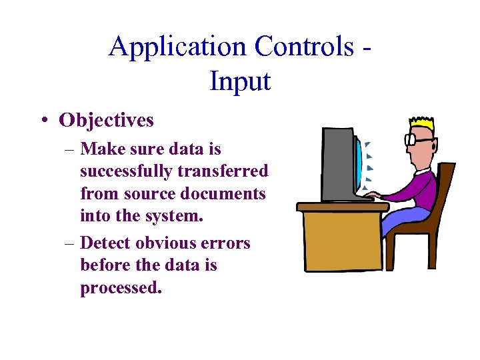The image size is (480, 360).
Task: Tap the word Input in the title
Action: coord(240,81)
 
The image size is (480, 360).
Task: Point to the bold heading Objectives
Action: coord(106,120)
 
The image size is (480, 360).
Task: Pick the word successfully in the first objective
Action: coord(127,171)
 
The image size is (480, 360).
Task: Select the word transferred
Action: coord(223,171)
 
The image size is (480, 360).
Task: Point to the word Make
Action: coord(102,149)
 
